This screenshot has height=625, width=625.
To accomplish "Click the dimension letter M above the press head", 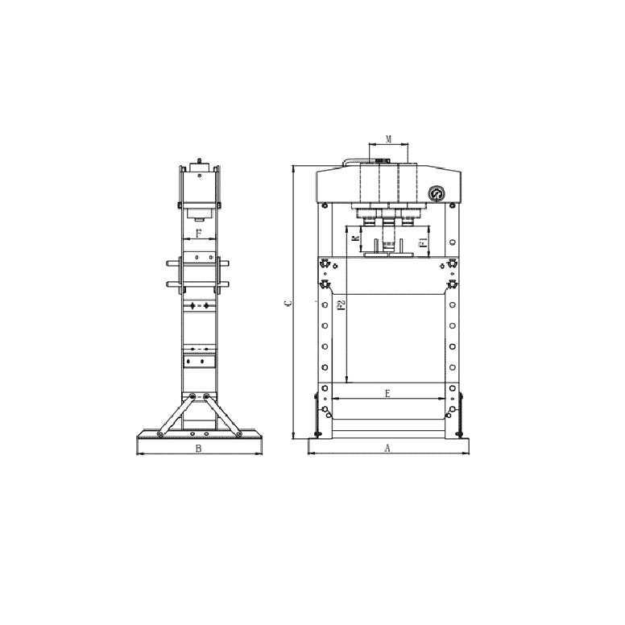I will tap(388, 139).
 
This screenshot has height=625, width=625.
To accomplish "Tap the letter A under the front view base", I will tap(387, 448).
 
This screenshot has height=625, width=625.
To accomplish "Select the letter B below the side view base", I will tap(198, 449).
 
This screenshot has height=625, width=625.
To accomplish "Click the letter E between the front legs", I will tap(388, 393).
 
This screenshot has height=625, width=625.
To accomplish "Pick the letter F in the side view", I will tap(198, 234).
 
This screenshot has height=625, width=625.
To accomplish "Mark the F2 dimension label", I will tap(341, 305).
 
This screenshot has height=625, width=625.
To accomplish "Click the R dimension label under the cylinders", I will tap(355, 240).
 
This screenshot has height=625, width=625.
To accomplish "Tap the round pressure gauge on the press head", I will tap(437, 194).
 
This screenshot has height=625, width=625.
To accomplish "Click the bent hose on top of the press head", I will tap(346, 162).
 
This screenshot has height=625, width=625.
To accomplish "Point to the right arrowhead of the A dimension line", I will tap(468, 453).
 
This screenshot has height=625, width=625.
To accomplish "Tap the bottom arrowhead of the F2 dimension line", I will tap(346, 379).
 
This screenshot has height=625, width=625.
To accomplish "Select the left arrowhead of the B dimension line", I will tap(138, 453).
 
